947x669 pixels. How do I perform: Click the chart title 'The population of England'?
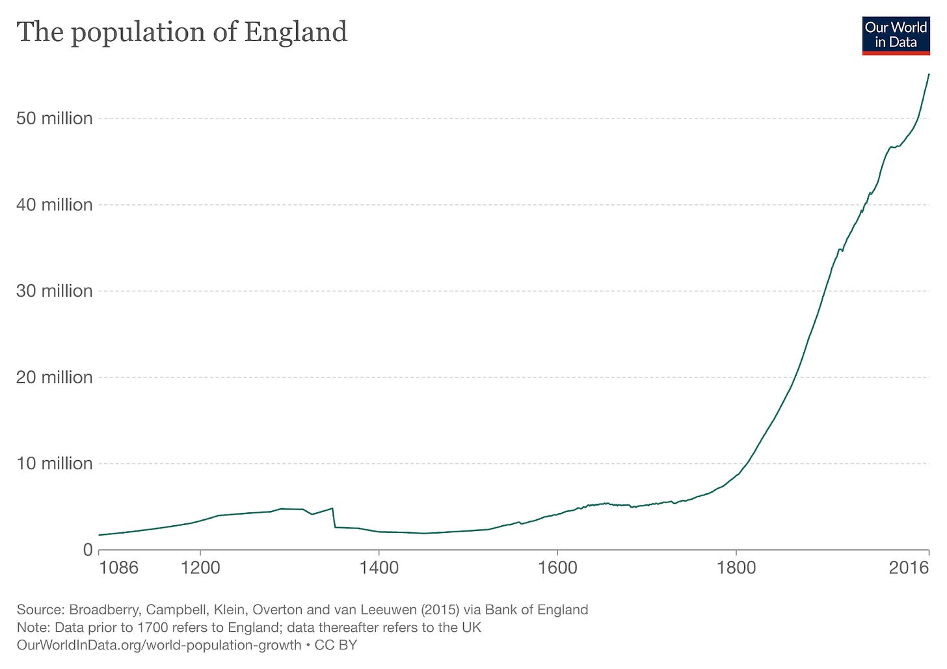(x=182, y=32)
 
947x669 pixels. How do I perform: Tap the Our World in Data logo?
(x=896, y=35)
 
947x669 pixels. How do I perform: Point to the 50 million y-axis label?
(x=55, y=118)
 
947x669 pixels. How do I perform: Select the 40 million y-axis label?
(x=55, y=205)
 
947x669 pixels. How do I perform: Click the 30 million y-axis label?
(x=55, y=291)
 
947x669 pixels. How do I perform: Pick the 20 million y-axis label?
(x=55, y=377)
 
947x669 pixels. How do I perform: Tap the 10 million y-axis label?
(x=55, y=463)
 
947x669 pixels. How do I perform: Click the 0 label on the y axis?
(x=87, y=550)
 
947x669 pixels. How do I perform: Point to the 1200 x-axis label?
(x=200, y=568)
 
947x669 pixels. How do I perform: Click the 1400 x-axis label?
(x=379, y=568)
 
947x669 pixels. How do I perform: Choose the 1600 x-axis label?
(x=557, y=568)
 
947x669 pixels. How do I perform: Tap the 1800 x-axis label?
(x=736, y=568)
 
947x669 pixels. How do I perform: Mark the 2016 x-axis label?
(x=909, y=568)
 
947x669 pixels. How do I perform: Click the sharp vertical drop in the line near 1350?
(x=334, y=518)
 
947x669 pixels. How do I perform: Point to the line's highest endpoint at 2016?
(x=929, y=74)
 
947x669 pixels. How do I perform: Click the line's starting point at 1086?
(x=100, y=535)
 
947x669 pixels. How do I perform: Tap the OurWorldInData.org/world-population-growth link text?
(x=159, y=645)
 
